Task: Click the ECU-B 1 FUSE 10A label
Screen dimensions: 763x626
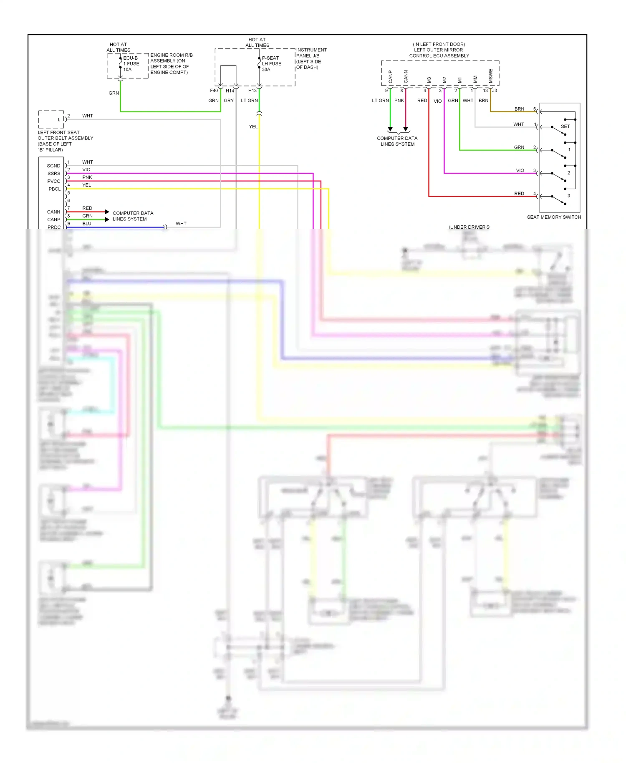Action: [131, 64]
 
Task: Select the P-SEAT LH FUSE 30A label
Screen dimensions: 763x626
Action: [271, 64]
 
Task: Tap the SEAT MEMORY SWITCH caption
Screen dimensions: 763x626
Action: [553, 217]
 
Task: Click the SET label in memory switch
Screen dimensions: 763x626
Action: [565, 126]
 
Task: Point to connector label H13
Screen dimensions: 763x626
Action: [252, 91]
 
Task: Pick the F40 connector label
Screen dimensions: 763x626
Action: [214, 91]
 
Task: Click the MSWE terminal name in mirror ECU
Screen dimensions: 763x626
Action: [490, 76]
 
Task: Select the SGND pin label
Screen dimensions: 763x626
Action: [53, 166]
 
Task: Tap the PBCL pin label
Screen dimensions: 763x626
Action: [54, 189]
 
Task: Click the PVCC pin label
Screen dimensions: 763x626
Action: [53, 181]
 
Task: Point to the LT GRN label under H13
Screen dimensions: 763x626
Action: [249, 101]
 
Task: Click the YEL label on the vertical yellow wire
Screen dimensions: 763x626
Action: [253, 126]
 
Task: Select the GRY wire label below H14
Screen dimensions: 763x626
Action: [229, 101]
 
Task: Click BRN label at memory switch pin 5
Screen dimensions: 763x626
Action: [519, 109]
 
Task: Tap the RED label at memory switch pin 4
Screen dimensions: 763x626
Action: [519, 194]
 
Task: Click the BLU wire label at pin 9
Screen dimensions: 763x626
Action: [86, 224]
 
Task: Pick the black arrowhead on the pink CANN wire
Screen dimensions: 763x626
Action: [406, 129]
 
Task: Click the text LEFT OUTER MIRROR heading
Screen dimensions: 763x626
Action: [438, 50]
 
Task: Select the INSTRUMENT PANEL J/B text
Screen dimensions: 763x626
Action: [311, 53]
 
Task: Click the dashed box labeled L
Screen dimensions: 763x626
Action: [51, 119]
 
